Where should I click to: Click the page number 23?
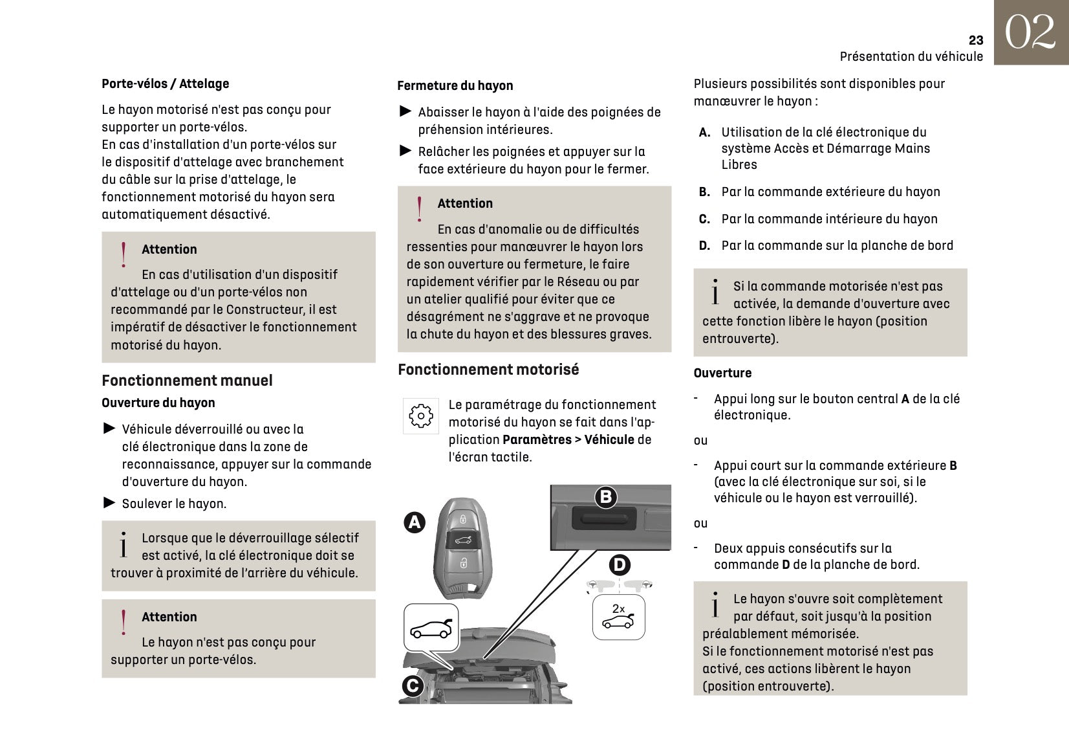[x=975, y=40]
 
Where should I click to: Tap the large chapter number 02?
[x=1030, y=32]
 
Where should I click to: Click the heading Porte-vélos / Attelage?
[x=165, y=83]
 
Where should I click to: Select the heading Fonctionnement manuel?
[x=187, y=381]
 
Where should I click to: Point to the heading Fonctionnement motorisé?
[x=488, y=370]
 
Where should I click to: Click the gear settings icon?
[x=421, y=416]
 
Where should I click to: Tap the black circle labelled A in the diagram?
[x=415, y=522]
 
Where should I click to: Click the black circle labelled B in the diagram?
[x=606, y=497]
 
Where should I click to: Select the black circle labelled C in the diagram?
[x=413, y=686]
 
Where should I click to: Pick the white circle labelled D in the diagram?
[x=620, y=565]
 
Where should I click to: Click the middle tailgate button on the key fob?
[x=463, y=540]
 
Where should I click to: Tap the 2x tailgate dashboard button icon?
[x=619, y=617]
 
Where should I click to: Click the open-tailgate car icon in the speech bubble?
[x=431, y=628]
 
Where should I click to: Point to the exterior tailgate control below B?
[x=604, y=518]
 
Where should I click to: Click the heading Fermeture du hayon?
[x=455, y=85]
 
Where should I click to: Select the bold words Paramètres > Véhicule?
[x=568, y=440]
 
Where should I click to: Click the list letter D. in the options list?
[x=704, y=245]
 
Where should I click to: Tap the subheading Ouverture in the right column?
[x=722, y=373]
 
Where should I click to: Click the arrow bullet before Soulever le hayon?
[x=109, y=503]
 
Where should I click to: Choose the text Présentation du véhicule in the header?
[x=911, y=56]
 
